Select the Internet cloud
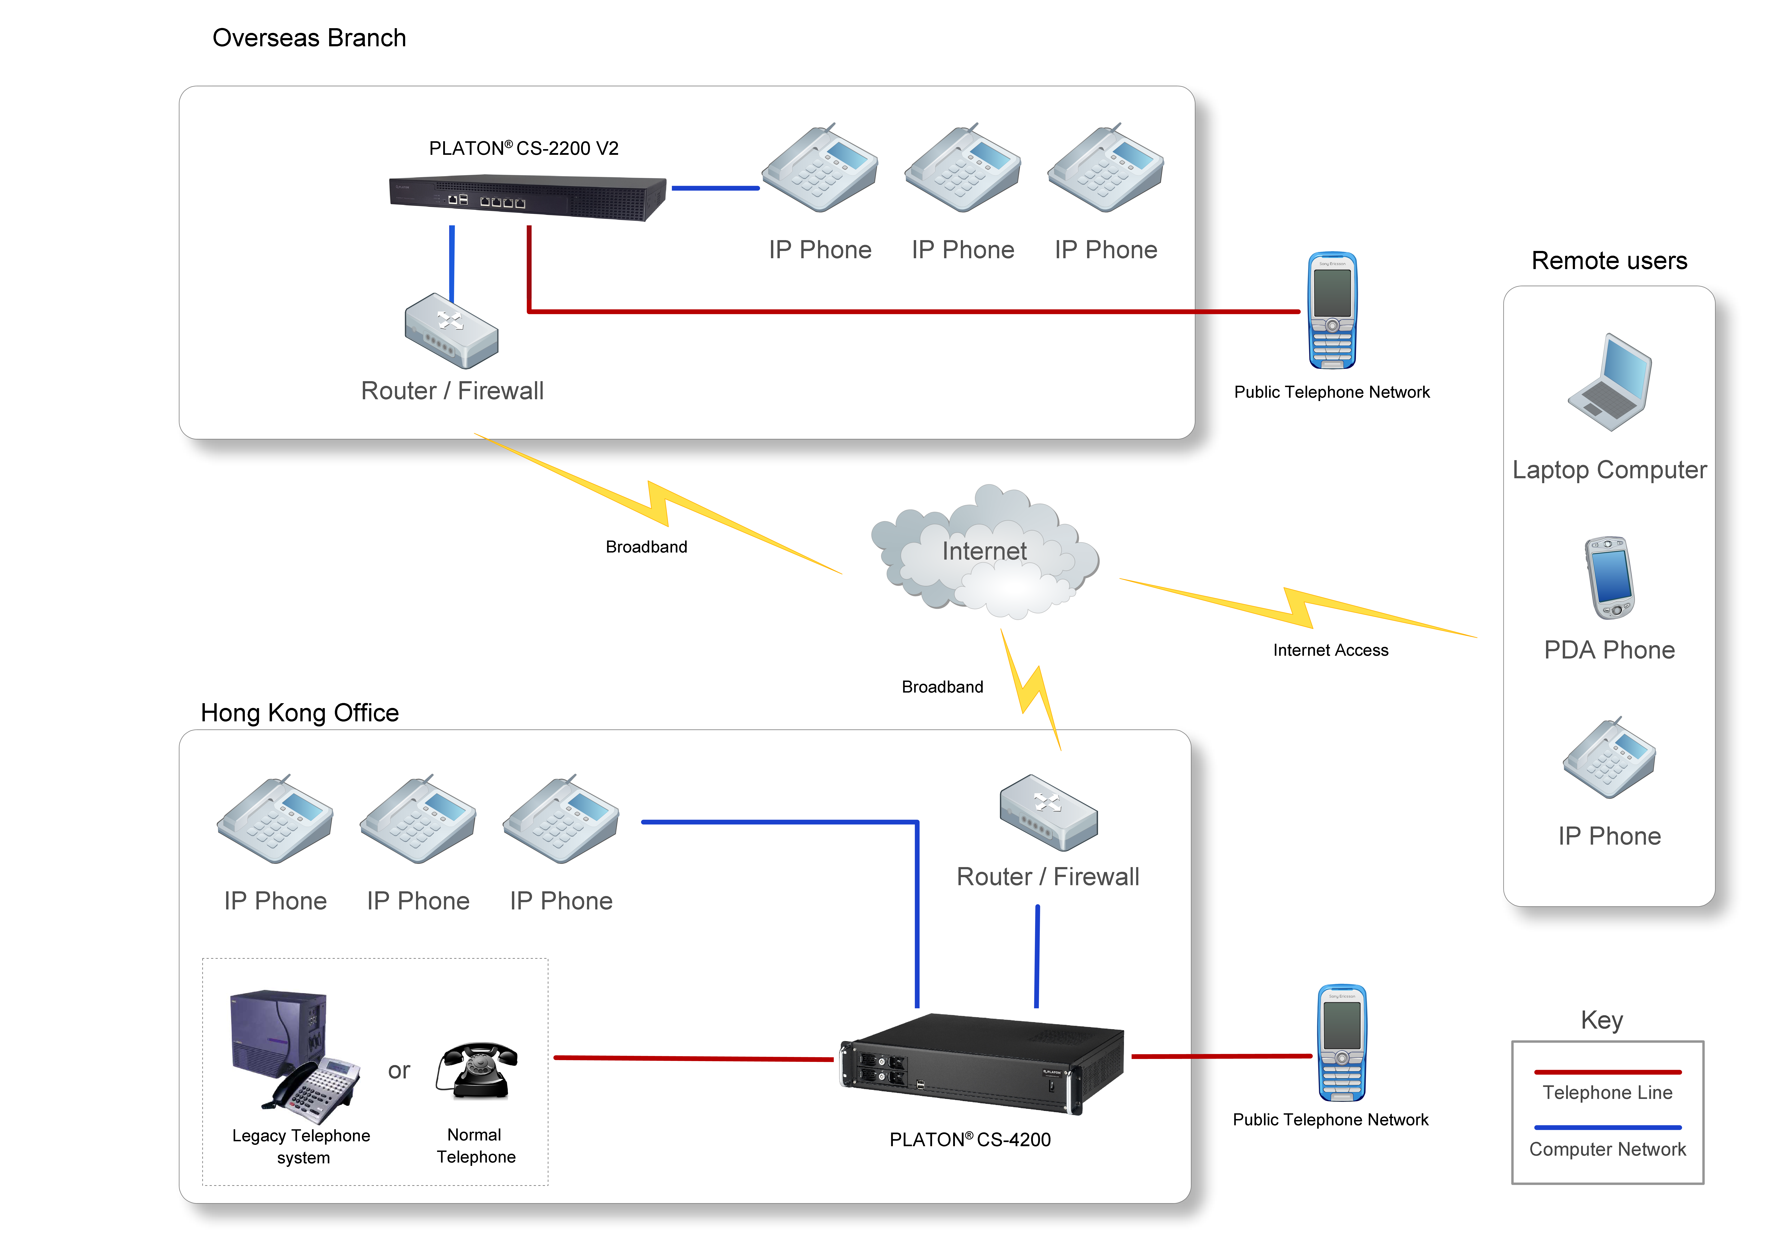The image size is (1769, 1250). coord(985,551)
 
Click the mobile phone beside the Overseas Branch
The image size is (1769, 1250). coord(1332,311)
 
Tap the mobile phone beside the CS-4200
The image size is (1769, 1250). coord(1341,1043)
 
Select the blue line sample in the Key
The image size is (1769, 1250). coord(1608,1127)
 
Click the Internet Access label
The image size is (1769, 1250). coord(1331,650)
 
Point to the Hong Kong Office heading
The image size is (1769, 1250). coord(300,713)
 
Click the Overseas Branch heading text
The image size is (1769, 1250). coord(309,38)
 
